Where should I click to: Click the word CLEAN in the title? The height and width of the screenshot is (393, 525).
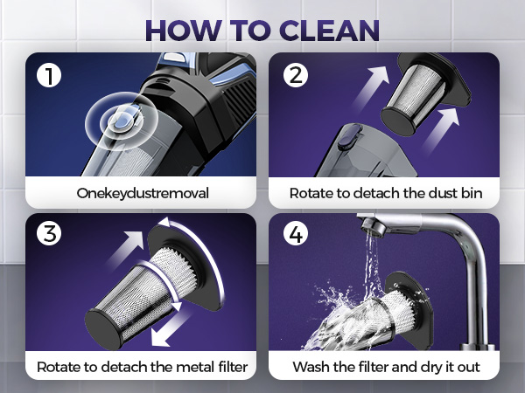point(329,31)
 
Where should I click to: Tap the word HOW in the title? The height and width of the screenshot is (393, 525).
point(184,31)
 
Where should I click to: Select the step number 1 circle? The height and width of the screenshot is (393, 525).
point(49,75)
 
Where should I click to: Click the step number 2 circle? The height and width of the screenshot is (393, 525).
point(296,75)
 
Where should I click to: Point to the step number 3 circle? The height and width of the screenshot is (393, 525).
point(49,233)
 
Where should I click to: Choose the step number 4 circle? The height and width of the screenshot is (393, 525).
point(296,233)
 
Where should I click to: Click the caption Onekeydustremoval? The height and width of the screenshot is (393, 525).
point(143,194)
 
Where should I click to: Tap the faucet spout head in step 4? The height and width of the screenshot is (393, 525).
point(373,225)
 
